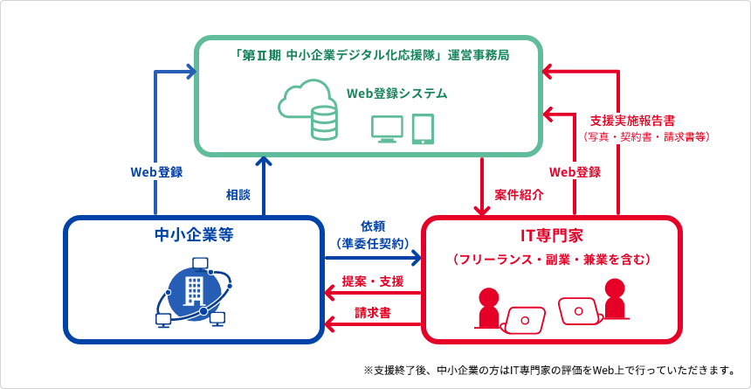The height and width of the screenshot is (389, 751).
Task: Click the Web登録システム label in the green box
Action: [396, 93]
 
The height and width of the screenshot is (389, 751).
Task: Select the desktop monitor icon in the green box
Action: [387, 129]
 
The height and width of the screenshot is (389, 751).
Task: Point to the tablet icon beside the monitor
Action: [423, 129]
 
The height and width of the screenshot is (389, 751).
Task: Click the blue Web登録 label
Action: [156, 172]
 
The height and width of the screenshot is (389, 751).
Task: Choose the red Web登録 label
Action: [575, 172]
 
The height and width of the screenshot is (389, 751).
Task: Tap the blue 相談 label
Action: [238, 193]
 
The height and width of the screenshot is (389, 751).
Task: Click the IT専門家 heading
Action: [551, 236]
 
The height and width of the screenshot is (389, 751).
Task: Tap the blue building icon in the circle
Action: [193, 290]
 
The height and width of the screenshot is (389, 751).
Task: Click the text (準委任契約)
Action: [373, 244]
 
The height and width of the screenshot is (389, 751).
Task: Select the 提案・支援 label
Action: [373, 281]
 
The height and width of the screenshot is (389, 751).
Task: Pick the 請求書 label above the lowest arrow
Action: [373, 312]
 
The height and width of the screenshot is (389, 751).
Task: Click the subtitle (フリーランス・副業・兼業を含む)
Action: [551, 260]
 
